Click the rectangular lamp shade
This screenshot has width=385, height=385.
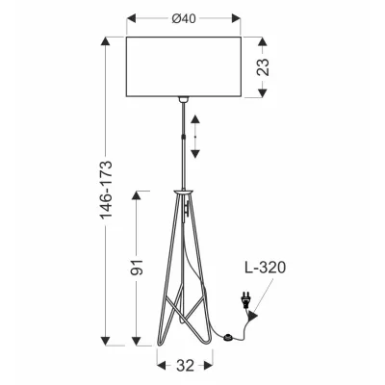point(182,66)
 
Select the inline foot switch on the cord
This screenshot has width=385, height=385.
point(227,336)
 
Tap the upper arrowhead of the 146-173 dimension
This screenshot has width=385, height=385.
point(107,42)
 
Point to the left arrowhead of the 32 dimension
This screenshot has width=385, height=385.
point(160,366)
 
